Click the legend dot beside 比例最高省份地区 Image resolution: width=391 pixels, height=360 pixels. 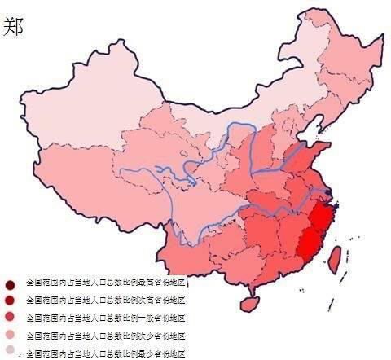(x=10, y=284)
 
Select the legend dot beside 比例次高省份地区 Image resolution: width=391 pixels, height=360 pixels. (x=10, y=301)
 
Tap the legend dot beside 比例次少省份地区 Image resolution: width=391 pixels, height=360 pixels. (x=10, y=335)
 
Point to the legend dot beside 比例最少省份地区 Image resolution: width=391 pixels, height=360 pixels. (x=10, y=351)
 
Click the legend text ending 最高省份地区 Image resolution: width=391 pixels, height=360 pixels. (x=107, y=283)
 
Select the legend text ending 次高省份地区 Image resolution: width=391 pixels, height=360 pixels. (x=107, y=300)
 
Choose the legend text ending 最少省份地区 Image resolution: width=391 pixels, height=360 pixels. (x=107, y=353)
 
